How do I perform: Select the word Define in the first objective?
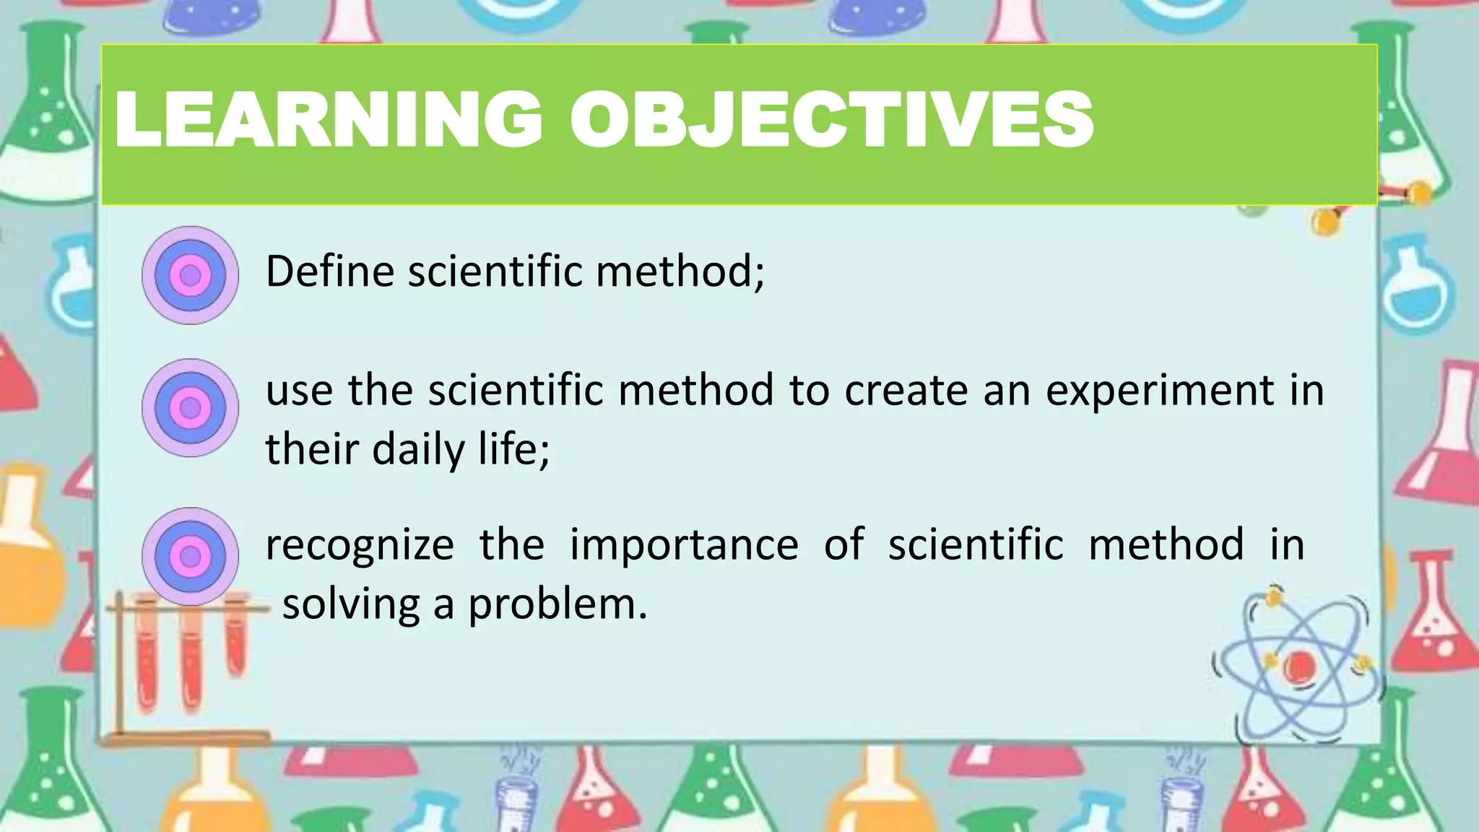click(330, 272)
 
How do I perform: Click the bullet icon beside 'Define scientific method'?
click(190, 275)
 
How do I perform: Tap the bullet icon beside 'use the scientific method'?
click(190, 408)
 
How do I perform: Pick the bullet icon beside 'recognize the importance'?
click(190, 556)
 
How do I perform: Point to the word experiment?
click(1160, 391)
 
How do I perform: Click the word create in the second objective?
click(906, 391)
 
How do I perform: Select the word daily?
click(418, 450)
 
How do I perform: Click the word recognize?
click(360, 546)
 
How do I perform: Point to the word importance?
click(684, 546)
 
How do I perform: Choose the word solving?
click(351, 605)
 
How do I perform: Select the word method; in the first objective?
click(680, 272)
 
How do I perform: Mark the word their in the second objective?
click(312, 450)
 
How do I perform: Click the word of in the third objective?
click(843, 546)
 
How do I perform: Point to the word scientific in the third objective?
click(976, 546)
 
